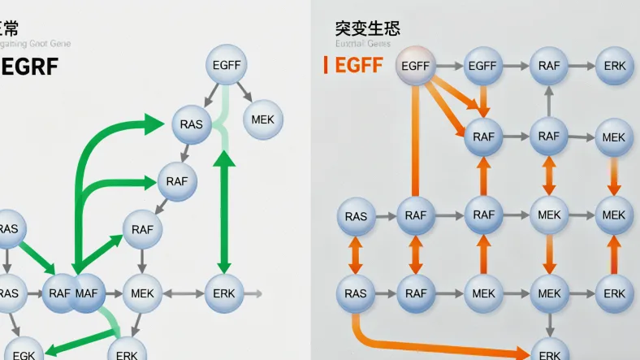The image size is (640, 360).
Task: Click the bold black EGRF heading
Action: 30,67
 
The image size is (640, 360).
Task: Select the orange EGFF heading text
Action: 358,66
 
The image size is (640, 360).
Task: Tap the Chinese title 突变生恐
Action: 367,28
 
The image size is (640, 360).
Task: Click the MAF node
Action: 88,293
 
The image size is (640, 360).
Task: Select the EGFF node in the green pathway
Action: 226,64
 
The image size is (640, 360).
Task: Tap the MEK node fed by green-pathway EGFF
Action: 262,119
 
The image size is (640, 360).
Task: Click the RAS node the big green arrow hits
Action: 192,124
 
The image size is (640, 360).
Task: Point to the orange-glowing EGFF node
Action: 415,66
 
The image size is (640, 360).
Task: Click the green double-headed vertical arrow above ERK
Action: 224,213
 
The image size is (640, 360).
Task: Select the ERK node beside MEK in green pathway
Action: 224,293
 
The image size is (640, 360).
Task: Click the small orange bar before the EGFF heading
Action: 326,65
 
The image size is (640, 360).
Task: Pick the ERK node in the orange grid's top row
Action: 615,66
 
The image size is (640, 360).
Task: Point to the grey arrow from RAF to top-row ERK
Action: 582,66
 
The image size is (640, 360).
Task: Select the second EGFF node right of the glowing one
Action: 482,66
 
